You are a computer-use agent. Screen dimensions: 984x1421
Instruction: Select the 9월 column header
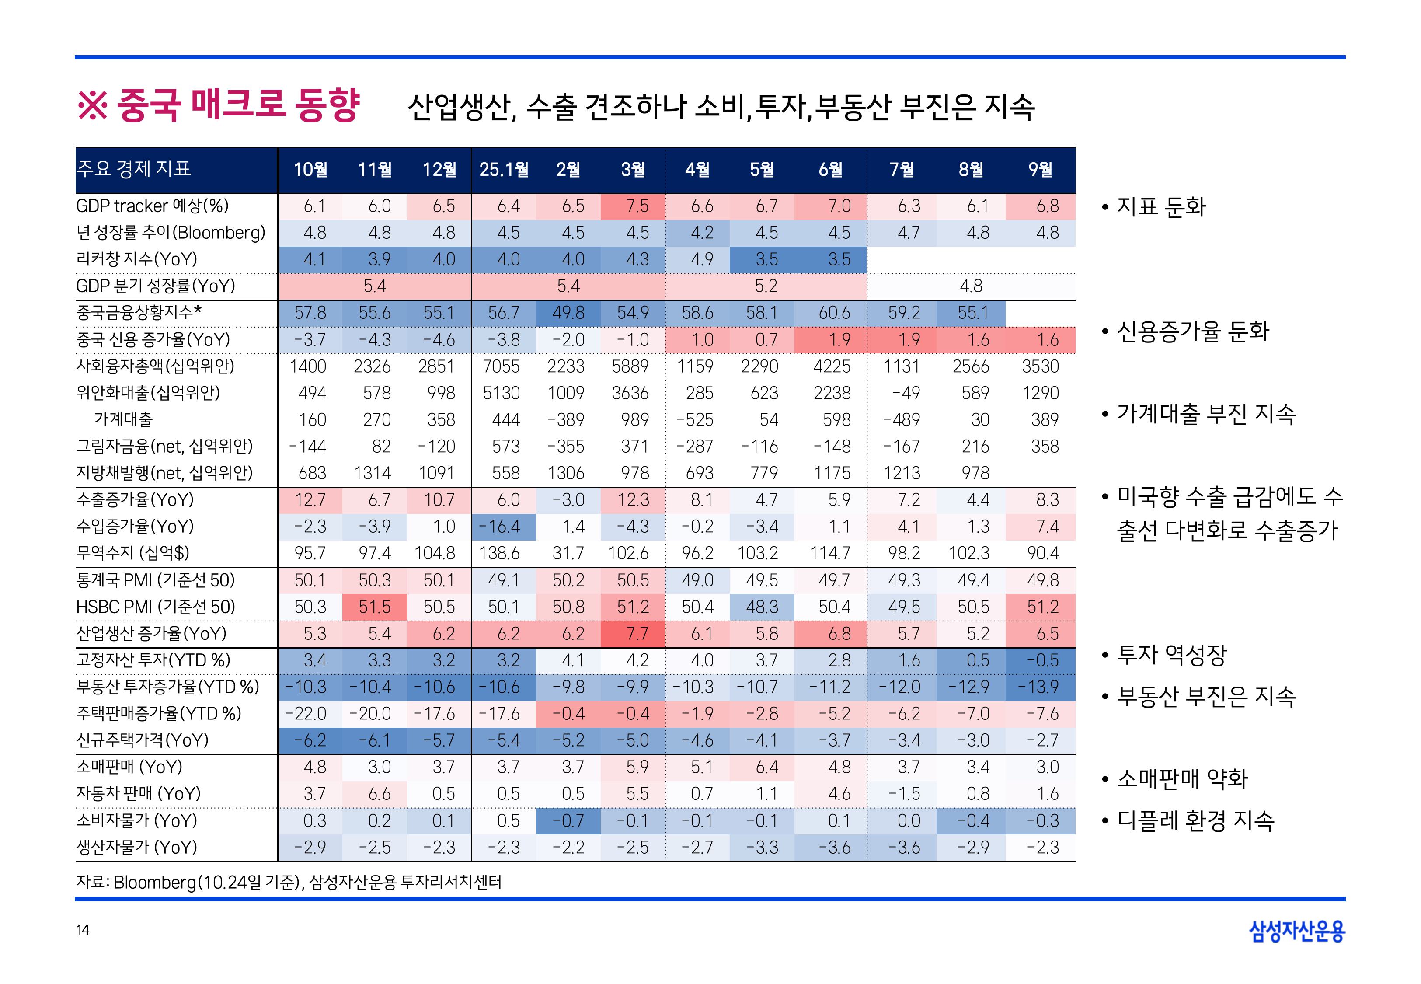1040,170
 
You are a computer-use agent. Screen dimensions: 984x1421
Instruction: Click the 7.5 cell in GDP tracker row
637,206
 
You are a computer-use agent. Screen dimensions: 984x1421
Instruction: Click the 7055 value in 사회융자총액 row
501,366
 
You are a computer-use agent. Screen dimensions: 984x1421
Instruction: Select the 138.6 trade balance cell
500,553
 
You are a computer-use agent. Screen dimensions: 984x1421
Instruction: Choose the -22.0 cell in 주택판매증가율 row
306,714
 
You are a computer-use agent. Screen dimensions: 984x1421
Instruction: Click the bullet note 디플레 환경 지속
1194,820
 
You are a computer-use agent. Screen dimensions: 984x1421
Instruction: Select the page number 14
83,930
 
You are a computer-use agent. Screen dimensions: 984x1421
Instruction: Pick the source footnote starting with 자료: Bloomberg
289,882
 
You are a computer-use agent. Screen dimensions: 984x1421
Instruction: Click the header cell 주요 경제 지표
134,168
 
